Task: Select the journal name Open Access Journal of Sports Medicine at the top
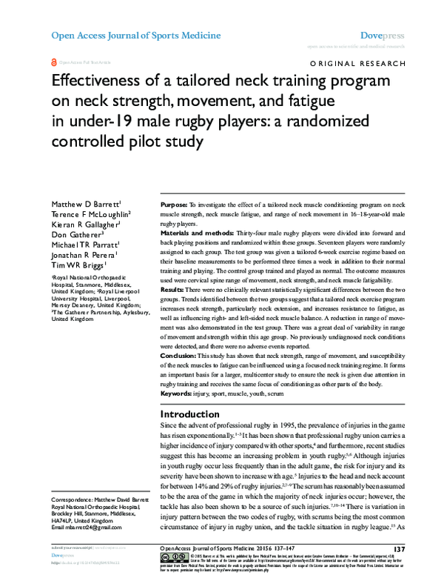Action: pyautogui.click(x=135, y=35)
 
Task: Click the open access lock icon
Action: pyautogui.click(x=53, y=64)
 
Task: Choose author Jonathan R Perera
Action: pyautogui.click(x=78, y=255)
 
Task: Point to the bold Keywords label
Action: pyautogui.click(x=180, y=396)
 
